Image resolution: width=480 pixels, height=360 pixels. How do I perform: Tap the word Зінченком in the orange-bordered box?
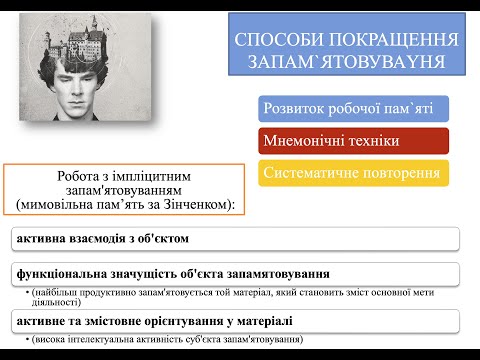point(197,204)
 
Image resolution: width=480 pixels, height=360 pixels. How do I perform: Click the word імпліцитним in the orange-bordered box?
point(152,175)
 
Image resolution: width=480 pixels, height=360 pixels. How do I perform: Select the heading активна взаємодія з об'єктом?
point(102,239)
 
